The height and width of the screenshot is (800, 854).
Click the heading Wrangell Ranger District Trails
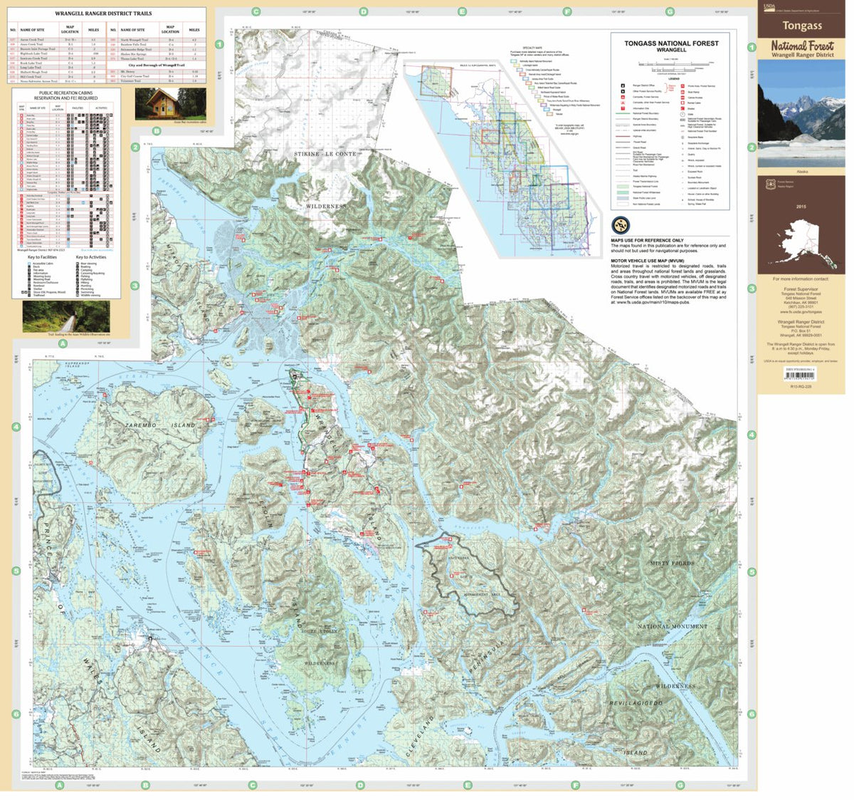click(103, 14)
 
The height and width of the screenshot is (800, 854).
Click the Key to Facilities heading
click(43, 257)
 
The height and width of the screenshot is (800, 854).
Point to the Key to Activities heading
click(91, 257)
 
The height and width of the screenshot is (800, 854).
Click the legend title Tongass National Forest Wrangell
click(671, 46)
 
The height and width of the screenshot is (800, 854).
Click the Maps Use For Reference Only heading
click(647, 241)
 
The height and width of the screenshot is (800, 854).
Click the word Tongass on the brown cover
click(802, 26)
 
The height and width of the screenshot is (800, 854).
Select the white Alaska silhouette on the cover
click(802, 246)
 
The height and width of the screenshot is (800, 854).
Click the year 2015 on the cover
click(802, 207)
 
